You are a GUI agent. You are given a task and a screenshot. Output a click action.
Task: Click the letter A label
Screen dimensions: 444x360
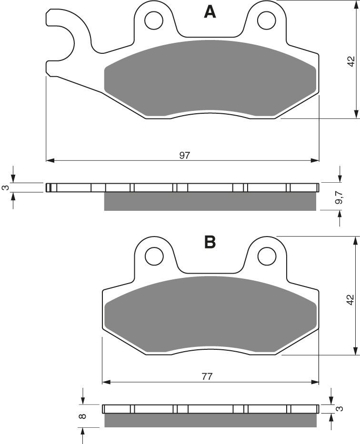point(210,11)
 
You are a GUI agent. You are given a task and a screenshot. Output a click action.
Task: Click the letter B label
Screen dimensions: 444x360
point(210,243)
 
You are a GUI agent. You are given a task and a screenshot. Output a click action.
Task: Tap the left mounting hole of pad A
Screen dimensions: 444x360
point(154,20)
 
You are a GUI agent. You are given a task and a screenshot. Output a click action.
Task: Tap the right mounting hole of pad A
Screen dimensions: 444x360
point(264,20)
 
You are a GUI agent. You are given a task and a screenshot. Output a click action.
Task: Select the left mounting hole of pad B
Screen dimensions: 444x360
point(154,257)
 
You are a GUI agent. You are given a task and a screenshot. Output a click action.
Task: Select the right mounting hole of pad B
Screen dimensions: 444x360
point(264,257)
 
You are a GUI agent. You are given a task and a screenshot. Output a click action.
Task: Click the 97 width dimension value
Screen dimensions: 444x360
point(185,155)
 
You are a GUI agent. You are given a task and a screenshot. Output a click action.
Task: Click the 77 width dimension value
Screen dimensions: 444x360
point(207,376)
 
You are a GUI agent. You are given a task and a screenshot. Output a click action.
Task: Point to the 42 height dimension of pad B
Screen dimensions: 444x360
point(350,299)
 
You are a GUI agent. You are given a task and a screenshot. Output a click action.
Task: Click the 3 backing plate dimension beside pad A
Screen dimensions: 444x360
point(5,187)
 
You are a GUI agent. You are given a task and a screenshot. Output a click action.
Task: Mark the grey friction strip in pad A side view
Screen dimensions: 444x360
point(210,201)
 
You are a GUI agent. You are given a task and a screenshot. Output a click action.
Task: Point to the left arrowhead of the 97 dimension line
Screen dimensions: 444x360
point(50,160)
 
